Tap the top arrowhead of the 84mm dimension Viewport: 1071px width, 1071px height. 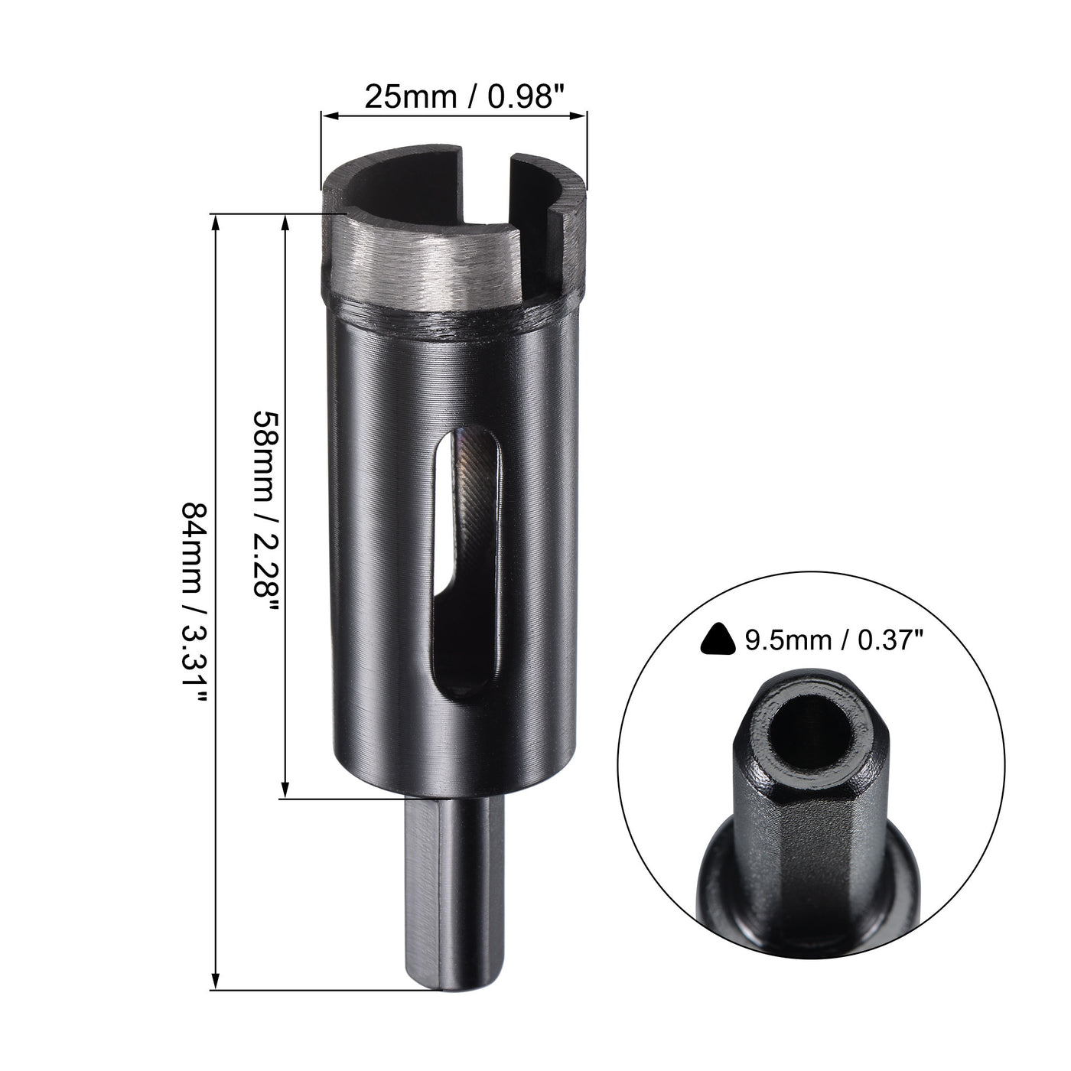tap(216, 223)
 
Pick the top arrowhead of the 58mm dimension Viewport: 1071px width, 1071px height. tap(285, 223)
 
